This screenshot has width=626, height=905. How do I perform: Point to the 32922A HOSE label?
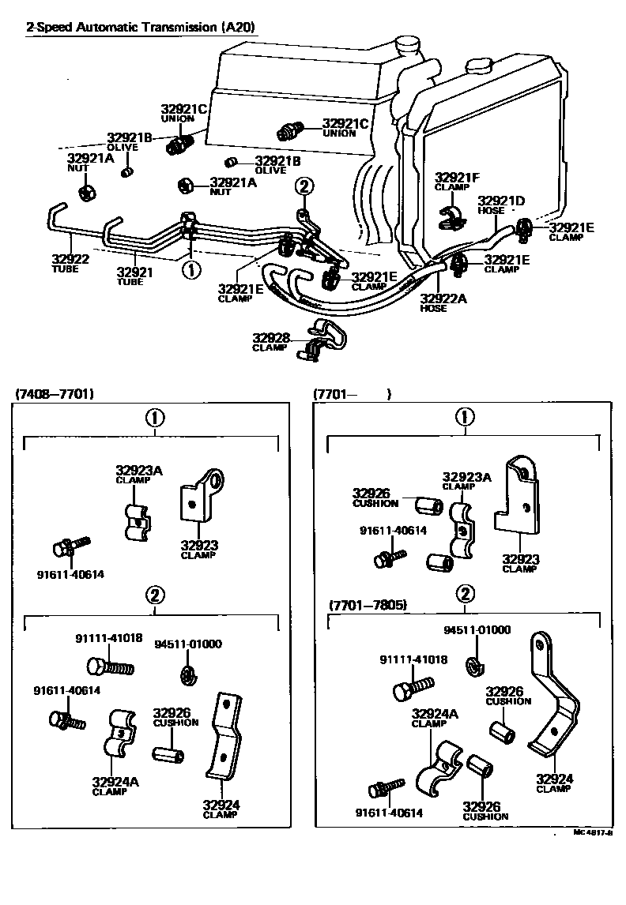pyautogui.click(x=443, y=302)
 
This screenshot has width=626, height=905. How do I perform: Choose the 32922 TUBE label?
pyautogui.click(x=70, y=262)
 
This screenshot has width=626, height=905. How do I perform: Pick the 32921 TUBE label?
pyautogui.click(x=134, y=276)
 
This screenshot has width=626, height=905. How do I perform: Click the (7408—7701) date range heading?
pyautogui.click(x=55, y=394)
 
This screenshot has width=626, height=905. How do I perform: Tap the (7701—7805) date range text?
pyautogui.click(x=368, y=606)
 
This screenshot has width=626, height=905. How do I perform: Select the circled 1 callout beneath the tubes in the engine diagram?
pyautogui.click(x=190, y=270)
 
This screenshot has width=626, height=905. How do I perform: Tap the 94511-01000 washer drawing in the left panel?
pyautogui.click(x=187, y=673)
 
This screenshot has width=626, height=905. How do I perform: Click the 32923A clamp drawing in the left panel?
pyautogui.click(x=138, y=520)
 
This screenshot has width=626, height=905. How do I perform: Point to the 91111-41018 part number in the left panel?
pyautogui.click(x=109, y=637)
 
